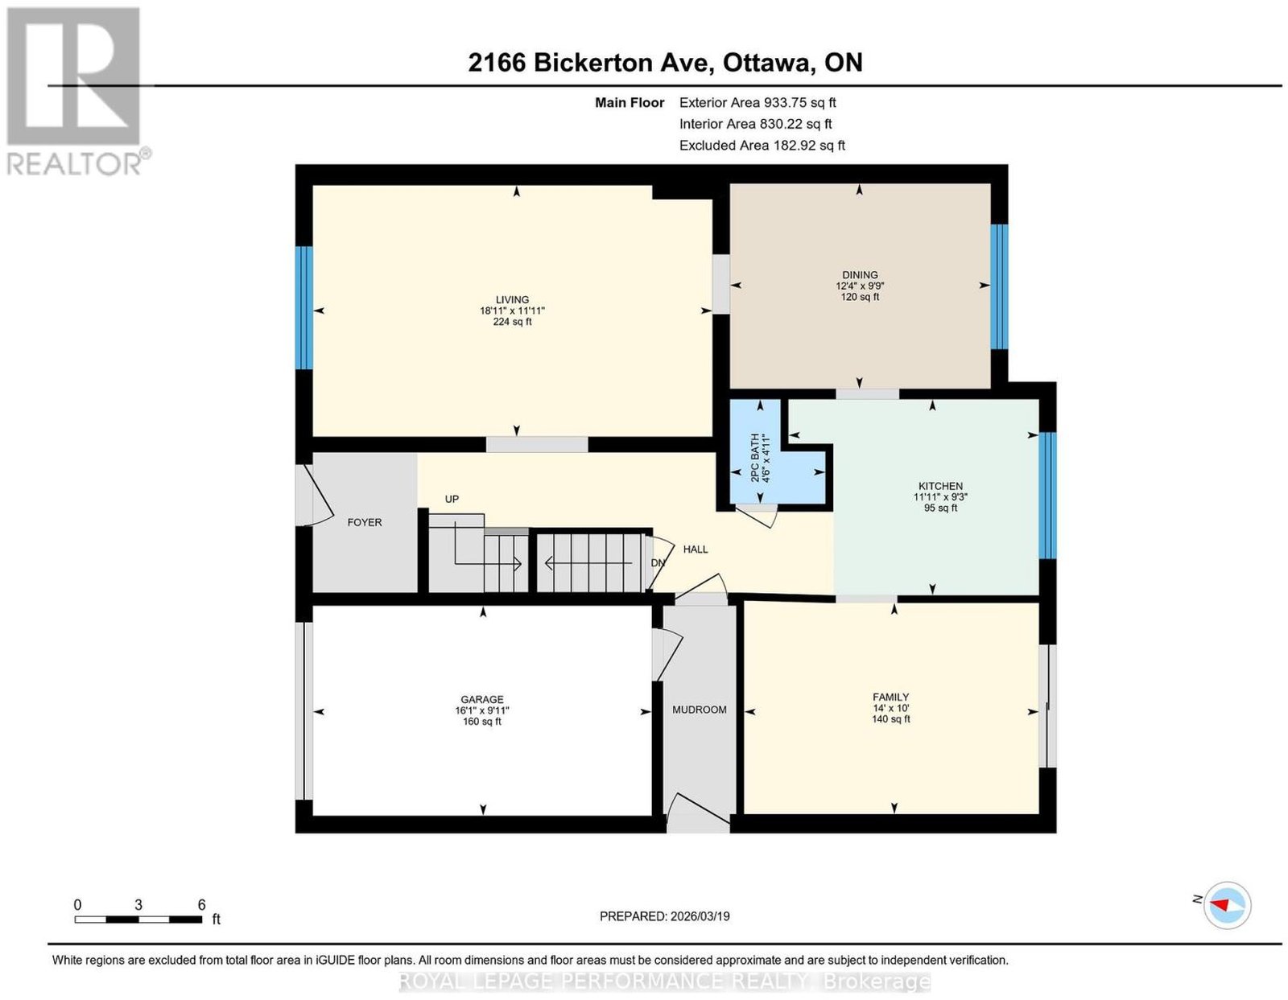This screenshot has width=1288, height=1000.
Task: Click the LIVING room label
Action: click(x=512, y=299)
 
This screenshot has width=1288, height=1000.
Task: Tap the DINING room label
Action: click(x=860, y=274)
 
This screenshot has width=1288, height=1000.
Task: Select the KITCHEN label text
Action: click(x=941, y=486)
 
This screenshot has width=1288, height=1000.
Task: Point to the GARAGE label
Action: click(x=482, y=699)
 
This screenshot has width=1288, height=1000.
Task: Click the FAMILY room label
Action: click(x=890, y=698)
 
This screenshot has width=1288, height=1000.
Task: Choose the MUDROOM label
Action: click(x=699, y=710)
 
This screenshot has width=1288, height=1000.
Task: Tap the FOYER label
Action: click(x=365, y=522)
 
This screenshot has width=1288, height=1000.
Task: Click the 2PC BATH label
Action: click(x=754, y=459)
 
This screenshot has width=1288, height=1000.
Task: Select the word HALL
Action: click(x=696, y=549)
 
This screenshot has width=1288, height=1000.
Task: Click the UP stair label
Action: click(x=452, y=499)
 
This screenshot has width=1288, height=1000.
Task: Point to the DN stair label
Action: click(x=658, y=562)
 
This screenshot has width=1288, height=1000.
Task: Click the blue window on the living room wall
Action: click(x=304, y=308)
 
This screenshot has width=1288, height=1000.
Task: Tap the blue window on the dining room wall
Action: click(x=999, y=286)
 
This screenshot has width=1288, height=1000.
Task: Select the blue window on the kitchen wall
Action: click(x=1047, y=496)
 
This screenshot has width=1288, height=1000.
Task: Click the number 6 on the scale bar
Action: click(x=201, y=905)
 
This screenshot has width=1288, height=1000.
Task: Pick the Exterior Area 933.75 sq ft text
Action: click(x=758, y=102)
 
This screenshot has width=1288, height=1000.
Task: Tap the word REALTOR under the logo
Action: click(x=73, y=165)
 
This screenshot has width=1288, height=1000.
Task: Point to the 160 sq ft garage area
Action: click(x=482, y=721)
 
